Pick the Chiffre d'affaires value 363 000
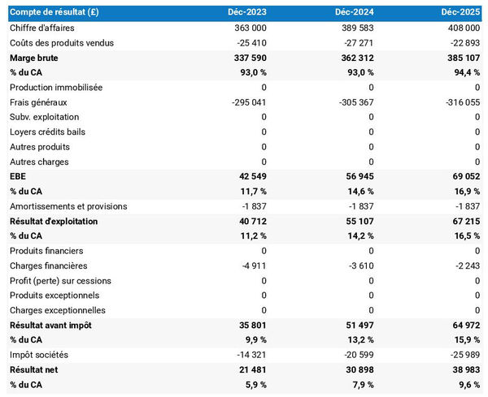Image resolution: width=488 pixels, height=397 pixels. (249, 28)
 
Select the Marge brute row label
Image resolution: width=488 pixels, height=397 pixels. (35, 58)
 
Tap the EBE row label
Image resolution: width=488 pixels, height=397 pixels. (19, 177)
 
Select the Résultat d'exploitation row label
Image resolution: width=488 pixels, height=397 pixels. (54, 222)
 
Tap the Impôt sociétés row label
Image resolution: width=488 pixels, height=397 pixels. (39, 355)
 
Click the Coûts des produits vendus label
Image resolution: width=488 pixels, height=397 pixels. (62, 43)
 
